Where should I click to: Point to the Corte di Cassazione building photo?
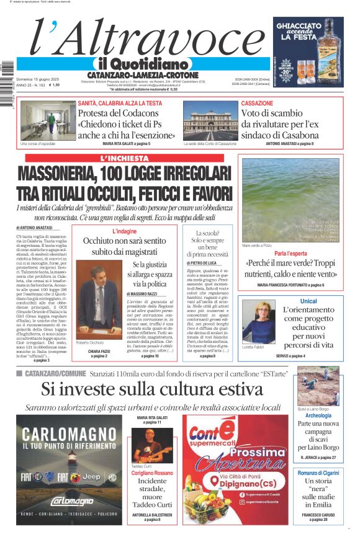pyautogui.click(x=210, y=121)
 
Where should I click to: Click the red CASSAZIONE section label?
pyautogui.click(x=257, y=103)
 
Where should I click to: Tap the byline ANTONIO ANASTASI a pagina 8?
pyautogui.click(x=289, y=144)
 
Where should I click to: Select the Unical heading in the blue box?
pyautogui.click(x=308, y=301)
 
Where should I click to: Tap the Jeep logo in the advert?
pyautogui.click(x=91, y=477)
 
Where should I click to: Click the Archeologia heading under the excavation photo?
pyautogui.click(x=318, y=415)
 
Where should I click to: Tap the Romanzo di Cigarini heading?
pyautogui.click(x=318, y=473)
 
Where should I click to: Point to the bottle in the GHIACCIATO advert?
pyautogui.click(x=323, y=47)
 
